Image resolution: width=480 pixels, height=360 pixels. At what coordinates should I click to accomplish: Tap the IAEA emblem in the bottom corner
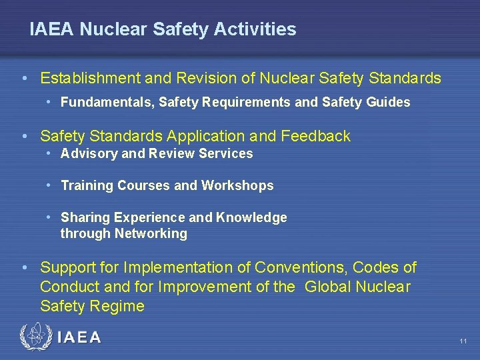click(35, 337)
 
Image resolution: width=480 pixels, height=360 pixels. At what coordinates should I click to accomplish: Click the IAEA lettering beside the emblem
click(79, 337)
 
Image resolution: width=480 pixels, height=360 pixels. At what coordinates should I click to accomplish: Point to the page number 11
click(463, 341)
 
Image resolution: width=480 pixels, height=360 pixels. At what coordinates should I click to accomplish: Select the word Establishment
click(90, 79)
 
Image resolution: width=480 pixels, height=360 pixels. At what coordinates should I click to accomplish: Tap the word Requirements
click(249, 103)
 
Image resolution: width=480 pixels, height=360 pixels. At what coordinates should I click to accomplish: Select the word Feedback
click(316, 137)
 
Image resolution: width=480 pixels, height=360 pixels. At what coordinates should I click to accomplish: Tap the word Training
click(87, 186)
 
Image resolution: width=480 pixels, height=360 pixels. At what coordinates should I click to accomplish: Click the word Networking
click(151, 234)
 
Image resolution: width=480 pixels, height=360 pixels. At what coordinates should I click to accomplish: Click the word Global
click(330, 287)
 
